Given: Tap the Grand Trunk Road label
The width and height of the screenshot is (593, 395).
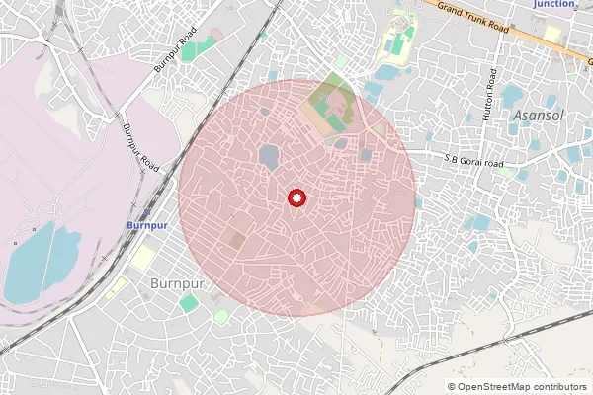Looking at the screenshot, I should pyautogui.click(x=472, y=18).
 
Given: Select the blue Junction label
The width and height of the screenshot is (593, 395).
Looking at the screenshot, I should pyautogui.click(x=553, y=4).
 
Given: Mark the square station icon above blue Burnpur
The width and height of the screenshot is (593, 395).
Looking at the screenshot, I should pyautogui.click(x=146, y=212).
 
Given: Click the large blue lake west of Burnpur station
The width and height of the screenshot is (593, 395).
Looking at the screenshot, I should pyautogui.click(x=40, y=263).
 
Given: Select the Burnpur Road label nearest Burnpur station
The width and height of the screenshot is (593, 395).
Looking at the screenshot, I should pyautogui.click(x=140, y=148).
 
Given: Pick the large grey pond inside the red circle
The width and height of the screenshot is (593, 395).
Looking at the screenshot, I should pyautogui.click(x=268, y=156).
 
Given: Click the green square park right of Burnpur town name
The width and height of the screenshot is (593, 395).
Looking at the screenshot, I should pyautogui.click(x=188, y=303).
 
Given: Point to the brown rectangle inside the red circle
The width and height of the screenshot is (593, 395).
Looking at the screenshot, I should pyautogui.click(x=237, y=240).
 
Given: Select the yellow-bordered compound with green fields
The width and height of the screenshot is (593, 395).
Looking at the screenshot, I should pyautogui.click(x=398, y=38).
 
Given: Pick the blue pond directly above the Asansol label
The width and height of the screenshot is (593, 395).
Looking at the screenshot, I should pyautogui.click(x=512, y=96).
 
